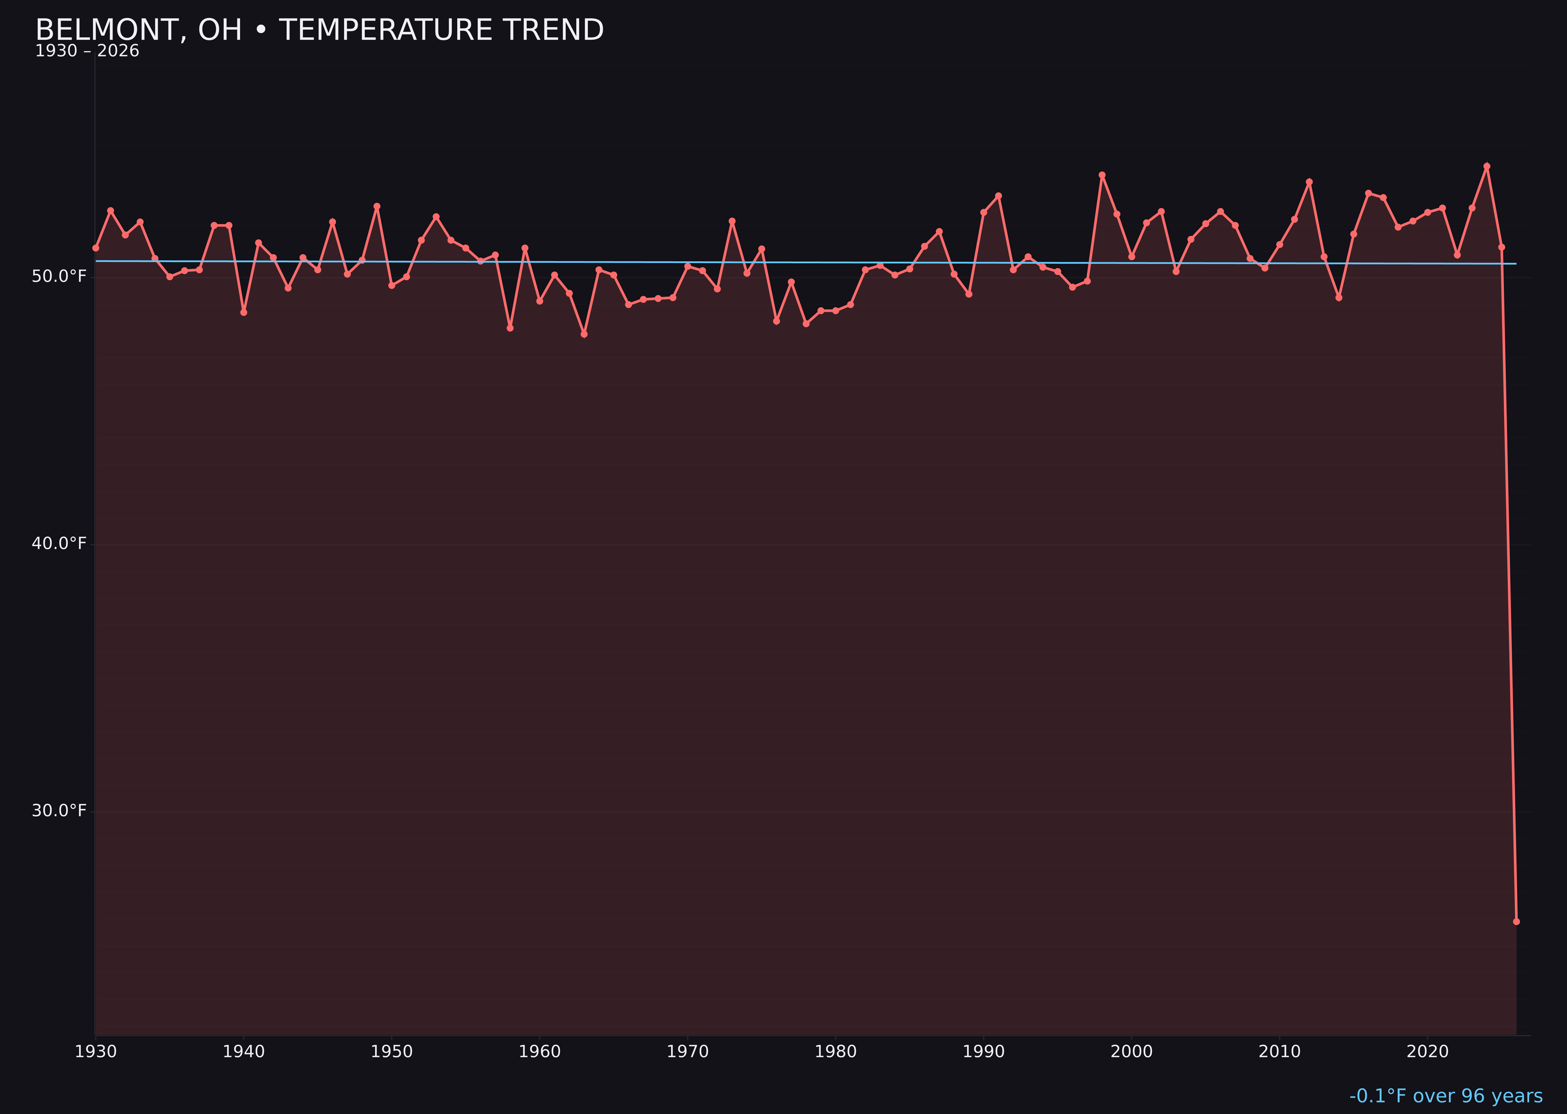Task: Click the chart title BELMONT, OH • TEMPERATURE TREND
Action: (x=319, y=30)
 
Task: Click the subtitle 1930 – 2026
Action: (x=87, y=51)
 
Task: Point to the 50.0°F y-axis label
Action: (x=59, y=277)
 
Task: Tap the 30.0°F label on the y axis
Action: (x=59, y=811)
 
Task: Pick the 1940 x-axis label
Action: (x=244, y=1052)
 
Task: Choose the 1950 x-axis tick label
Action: (x=392, y=1052)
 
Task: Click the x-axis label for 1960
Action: (x=540, y=1052)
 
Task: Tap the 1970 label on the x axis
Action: (x=688, y=1052)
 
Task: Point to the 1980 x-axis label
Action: (x=836, y=1052)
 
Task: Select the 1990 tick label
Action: (x=984, y=1052)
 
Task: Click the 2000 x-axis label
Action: (x=1131, y=1052)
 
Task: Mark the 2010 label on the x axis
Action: (x=1279, y=1052)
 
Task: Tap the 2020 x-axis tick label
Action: (x=1428, y=1052)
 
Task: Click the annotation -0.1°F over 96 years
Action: (x=1446, y=1096)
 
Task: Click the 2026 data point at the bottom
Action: (x=1516, y=921)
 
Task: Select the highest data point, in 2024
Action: (x=1487, y=166)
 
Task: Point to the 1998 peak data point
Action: (x=1102, y=175)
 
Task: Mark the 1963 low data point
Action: (x=584, y=334)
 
